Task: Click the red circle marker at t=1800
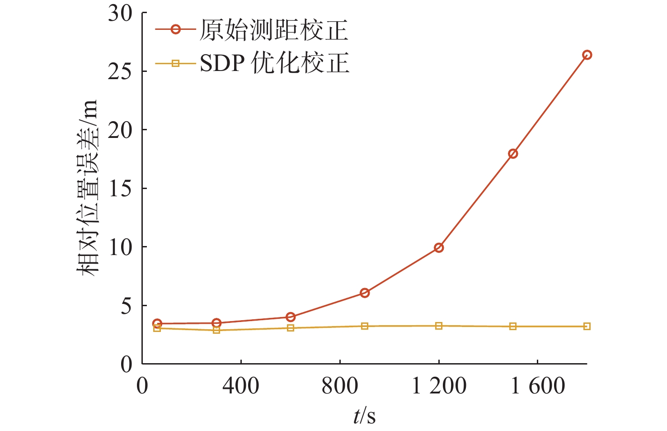click(587, 55)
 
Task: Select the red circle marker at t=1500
click(512, 154)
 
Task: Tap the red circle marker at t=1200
click(438, 247)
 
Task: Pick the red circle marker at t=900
click(365, 293)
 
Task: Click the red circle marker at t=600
click(291, 317)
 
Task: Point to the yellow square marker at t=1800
click(587, 327)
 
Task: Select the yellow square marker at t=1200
click(438, 326)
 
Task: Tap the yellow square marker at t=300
click(216, 330)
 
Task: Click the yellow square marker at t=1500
click(512, 327)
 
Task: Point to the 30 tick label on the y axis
click(120, 14)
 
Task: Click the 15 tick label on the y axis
click(120, 188)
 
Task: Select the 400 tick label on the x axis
click(240, 386)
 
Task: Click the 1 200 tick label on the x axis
click(439, 386)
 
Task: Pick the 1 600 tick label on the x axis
click(537, 386)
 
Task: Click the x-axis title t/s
click(364, 416)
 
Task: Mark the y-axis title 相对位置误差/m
click(86, 188)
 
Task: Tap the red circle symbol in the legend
click(175, 30)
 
